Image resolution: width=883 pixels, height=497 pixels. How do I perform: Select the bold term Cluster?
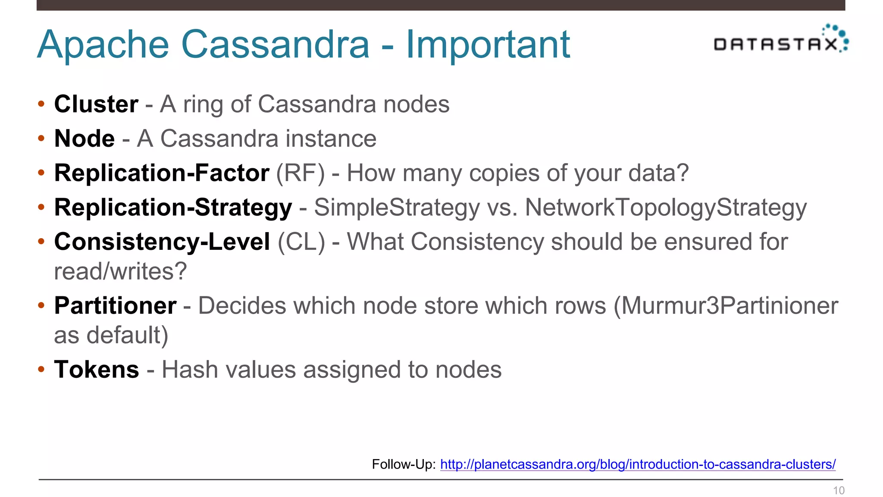point(96,104)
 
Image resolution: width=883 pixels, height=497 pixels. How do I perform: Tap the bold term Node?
point(85,138)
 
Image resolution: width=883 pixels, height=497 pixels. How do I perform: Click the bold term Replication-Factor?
point(162,173)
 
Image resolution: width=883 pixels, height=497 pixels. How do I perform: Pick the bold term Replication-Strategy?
point(173,208)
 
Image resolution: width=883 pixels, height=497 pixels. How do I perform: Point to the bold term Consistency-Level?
point(162,242)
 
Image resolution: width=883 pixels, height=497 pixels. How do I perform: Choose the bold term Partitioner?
point(115,306)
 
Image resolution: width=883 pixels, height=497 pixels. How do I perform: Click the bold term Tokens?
point(97,370)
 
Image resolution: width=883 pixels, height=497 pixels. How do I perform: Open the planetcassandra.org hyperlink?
point(638,464)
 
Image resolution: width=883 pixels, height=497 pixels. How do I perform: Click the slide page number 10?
point(839,491)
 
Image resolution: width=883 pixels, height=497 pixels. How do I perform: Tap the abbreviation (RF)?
point(301,173)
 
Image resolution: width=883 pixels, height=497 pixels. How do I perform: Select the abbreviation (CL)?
point(301,242)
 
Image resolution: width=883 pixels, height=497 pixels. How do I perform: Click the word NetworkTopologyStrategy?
point(666,208)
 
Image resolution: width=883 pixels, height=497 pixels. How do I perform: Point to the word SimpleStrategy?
point(397,208)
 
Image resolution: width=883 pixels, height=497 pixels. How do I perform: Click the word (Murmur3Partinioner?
point(726,306)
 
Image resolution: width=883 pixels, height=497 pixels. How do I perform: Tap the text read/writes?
point(120,271)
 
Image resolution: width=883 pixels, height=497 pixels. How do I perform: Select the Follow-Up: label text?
point(404,464)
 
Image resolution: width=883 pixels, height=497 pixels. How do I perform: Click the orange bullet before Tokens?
point(41,369)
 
